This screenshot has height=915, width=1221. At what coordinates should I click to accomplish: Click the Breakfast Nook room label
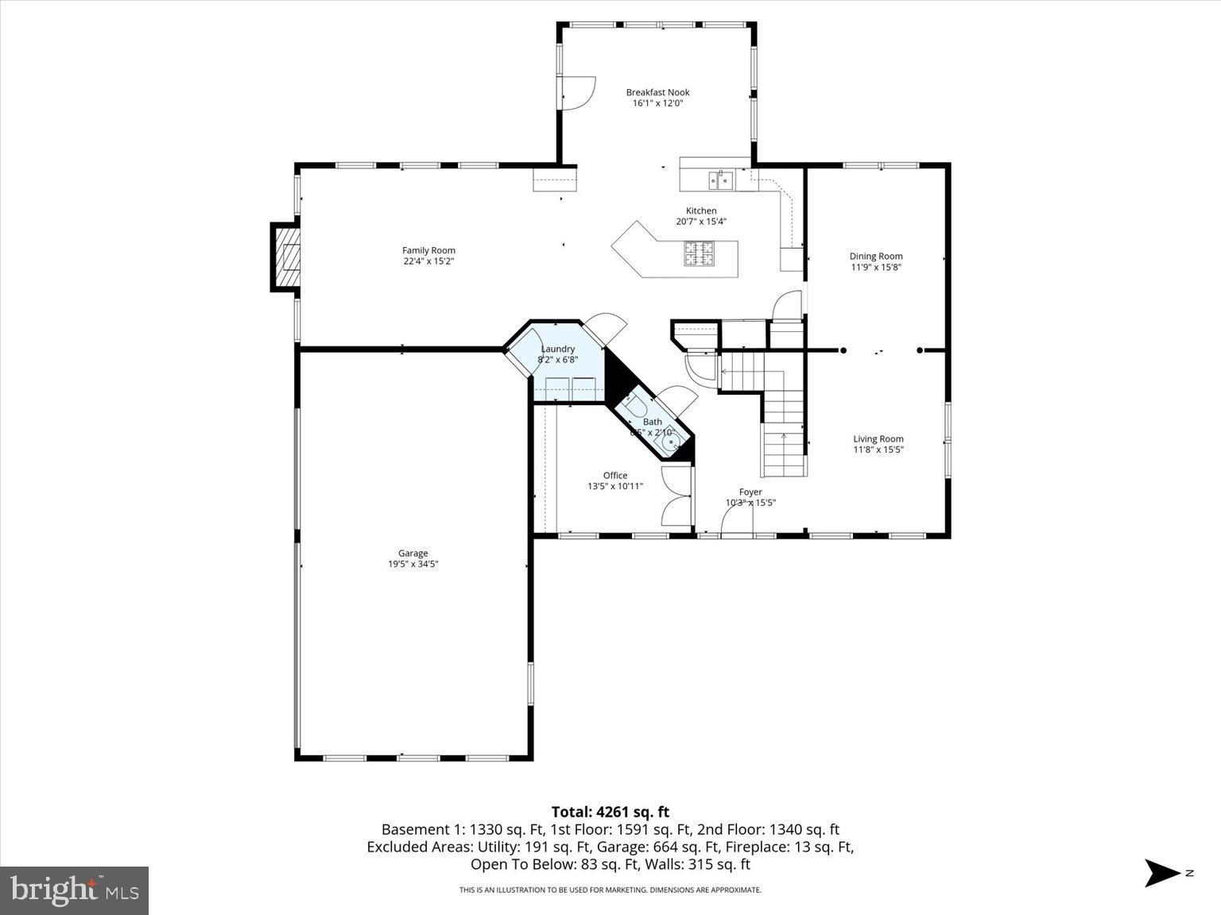(x=657, y=92)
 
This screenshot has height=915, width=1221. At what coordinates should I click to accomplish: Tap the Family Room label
(x=428, y=250)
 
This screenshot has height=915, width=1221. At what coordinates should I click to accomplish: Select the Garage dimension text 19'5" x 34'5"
(x=413, y=565)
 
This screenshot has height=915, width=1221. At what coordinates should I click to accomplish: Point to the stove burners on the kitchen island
(x=700, y=253)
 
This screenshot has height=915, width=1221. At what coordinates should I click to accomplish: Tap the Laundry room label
(x=557, y=349)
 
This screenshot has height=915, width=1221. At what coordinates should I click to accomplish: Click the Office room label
(x=614, y=475)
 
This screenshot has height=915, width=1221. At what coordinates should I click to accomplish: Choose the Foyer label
(x=750, y=492)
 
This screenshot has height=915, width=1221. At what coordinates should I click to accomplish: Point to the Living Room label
(x=878, y=438)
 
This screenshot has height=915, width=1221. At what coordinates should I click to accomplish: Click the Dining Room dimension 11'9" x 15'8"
(x=876, y=268)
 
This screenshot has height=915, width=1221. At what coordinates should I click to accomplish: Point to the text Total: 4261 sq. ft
(x=610, y=812)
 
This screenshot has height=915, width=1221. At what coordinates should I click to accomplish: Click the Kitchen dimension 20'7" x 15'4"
(x=700, y=222)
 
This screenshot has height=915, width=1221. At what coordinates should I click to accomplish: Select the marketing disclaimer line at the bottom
(x=610, y=890)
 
